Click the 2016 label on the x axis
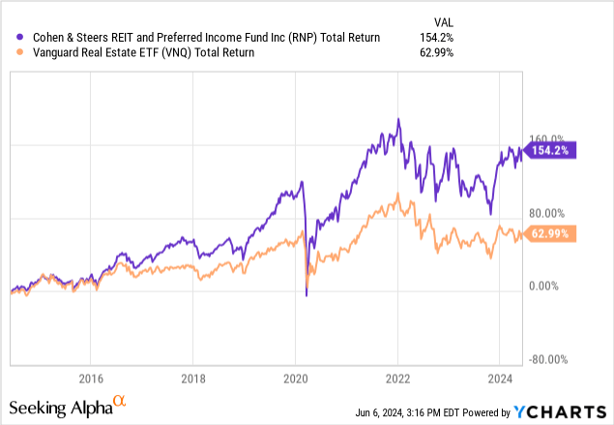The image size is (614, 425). coord(91,378)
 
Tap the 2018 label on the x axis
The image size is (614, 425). coord(193,378)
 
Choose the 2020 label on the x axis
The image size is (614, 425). coord(296,378)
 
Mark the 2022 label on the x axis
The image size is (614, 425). coord(398,378)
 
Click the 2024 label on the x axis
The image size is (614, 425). coord(501,378)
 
